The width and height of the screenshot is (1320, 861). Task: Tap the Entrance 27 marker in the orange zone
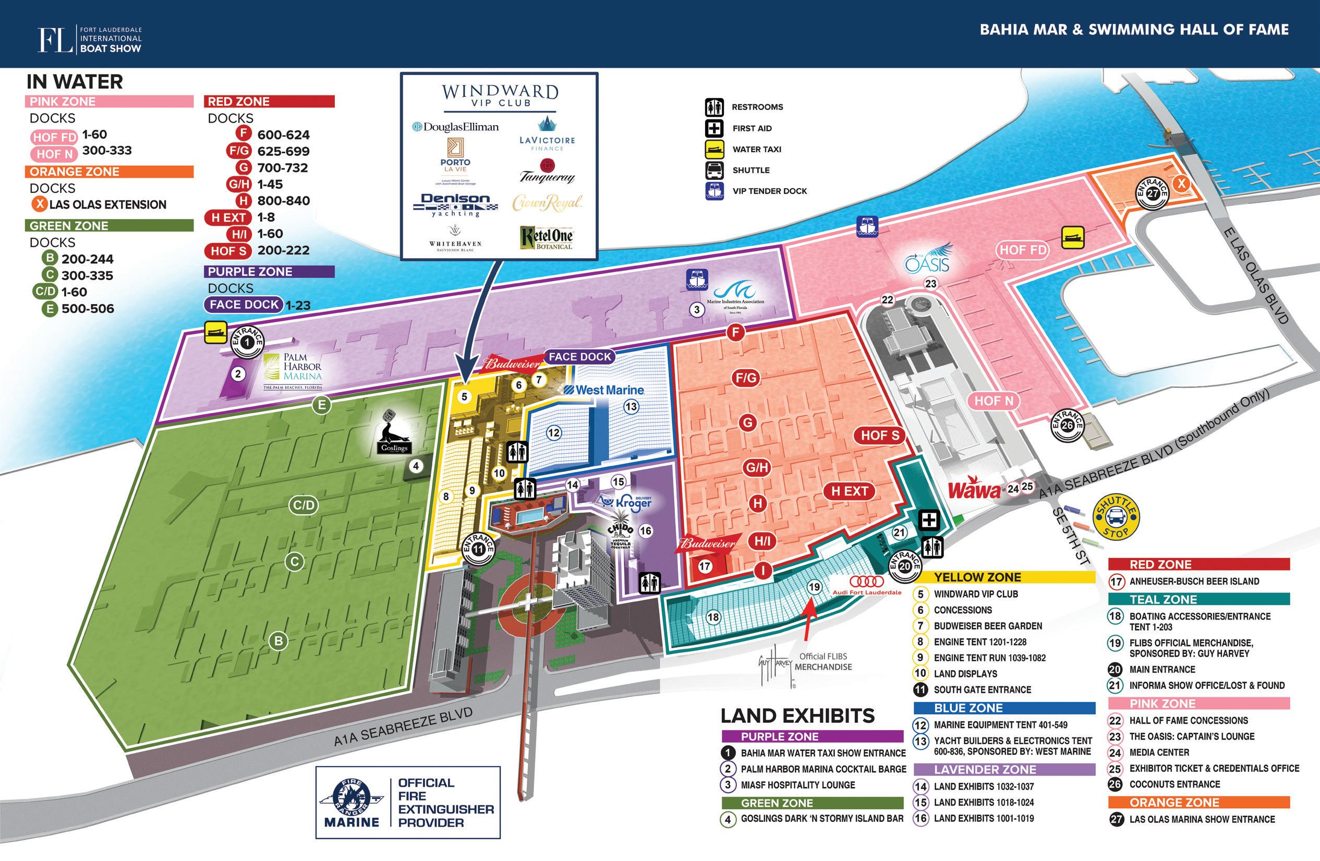1153,192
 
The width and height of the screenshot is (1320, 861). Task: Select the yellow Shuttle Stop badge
1116,517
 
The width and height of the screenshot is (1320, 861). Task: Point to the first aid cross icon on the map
929,520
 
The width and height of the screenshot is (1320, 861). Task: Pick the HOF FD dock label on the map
1023,250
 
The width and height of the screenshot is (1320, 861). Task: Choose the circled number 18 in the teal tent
713,616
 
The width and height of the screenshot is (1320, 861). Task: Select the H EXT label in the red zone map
849,491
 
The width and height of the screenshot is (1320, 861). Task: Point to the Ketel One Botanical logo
546,237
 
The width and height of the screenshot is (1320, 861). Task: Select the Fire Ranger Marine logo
352,802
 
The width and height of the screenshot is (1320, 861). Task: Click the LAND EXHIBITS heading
797,715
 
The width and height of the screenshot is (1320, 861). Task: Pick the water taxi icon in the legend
715,149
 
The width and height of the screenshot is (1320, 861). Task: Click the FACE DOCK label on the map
579,357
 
